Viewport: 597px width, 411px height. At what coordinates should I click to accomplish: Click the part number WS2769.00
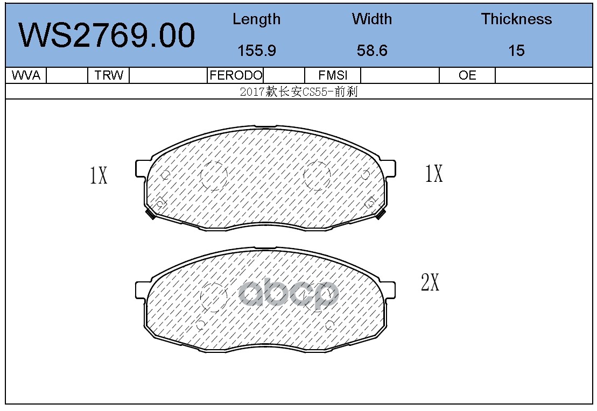107,36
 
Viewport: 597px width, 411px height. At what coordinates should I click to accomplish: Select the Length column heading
257,19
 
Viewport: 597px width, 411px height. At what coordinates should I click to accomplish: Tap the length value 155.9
257,51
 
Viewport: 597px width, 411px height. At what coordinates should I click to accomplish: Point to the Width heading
372,19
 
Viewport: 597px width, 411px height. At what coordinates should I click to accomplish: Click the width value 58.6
372,51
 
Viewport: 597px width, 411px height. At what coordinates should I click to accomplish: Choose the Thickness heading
516,19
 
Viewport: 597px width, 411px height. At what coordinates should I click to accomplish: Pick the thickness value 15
516,51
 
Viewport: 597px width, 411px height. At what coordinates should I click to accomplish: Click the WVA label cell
26,75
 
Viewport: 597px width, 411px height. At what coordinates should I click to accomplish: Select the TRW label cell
109,75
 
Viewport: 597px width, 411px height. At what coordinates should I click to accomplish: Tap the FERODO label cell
236,75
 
